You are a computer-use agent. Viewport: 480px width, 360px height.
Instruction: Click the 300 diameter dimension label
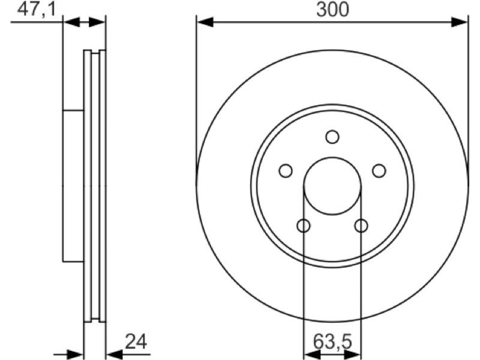click(x=332, y=10)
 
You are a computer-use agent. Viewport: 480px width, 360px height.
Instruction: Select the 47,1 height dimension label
click(x=37, y=10)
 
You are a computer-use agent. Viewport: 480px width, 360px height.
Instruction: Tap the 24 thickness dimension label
click(x=136, y=341)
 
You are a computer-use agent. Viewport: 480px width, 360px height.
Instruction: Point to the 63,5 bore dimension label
click(x=332, y=341)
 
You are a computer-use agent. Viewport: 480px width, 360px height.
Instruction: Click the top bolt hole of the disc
click(x=332, y=137)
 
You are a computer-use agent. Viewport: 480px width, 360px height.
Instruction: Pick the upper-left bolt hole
click(x=286, y=170)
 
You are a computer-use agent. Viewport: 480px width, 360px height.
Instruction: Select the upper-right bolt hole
click(x=379, y=170)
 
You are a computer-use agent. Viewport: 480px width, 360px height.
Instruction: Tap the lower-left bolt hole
click(x=304, y=226)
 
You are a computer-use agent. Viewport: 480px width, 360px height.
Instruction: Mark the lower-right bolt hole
click(x=361, y=226)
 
